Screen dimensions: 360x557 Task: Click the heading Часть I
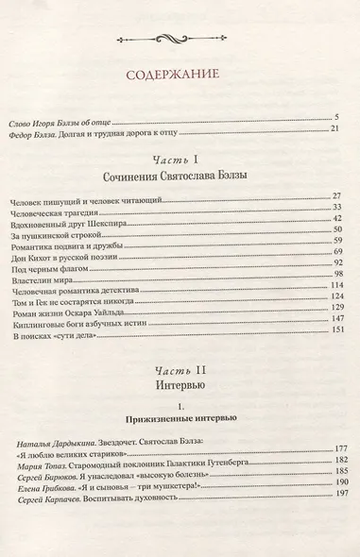[180, 160]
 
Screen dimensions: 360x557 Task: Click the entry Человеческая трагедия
[60, 209]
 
